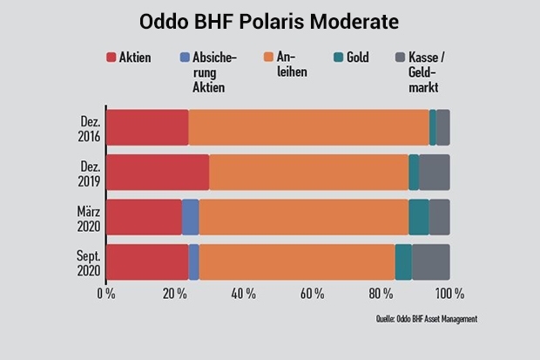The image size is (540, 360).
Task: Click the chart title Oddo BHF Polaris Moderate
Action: pyautogui.click(x=269, y=22)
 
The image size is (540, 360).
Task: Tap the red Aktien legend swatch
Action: pyautogui.click(x=111, y=58)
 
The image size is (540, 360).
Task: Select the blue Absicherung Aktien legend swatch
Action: pyautogui.click(x=185, y=58)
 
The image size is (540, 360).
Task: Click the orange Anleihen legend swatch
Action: pyautogui.click(x=268, y=57)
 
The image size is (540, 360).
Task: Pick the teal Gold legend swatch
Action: pyautogui.click(x=339, y=58)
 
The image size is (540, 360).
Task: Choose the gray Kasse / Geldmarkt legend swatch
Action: pyautogui.click(x=400, y=58)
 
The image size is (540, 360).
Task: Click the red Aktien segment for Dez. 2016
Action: pyautogui.click(x=147, y=127)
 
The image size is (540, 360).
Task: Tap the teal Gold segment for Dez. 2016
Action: pyautogui.click(x=433, y=127)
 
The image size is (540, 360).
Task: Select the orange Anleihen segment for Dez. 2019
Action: pyautogui.click(x=309, y=173)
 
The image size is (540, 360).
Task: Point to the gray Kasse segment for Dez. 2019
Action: pyautogui.click(x=435, y=173)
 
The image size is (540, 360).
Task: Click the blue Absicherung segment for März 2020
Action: pyautogui.click(x=191, y=217)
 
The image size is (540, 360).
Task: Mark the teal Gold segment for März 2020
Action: pyautogui.click(x=419, y=217)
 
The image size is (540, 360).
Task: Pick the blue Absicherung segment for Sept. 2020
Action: pyautogui.click(x=194, y=262)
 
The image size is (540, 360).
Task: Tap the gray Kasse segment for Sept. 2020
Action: pyautogui.click(x=431, y=262)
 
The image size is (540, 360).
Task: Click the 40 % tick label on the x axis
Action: pyautogui.click(x=244, y=294)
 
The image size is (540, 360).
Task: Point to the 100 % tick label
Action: pyautogui.click(x=449, y=294)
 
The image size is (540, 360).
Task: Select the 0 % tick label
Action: pyautogui.click(x=106, y=294)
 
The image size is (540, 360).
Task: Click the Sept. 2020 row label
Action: pyautogui.click(x=89, y=263)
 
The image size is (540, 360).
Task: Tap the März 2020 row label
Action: pyautogui.click(x=89, y=219)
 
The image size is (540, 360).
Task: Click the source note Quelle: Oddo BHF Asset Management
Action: pyautogui.click(x=427, y=319)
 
